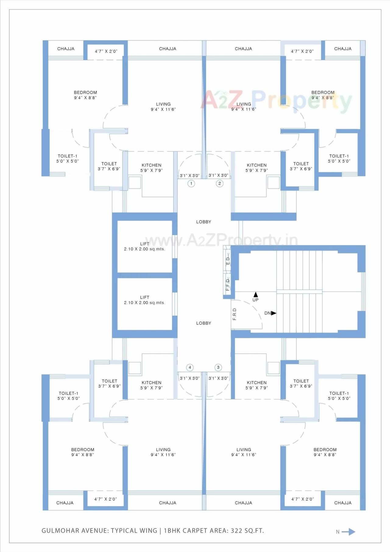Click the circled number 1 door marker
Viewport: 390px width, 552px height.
(x=191, y=184)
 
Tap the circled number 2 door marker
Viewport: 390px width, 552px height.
(x=220, y=184)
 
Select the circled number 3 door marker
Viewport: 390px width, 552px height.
(x=218, y=367)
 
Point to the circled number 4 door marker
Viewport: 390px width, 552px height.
(x=190, y=367)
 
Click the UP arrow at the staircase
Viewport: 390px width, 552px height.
(x=256, y=295)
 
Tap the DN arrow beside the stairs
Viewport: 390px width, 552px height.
(x=274, y=313)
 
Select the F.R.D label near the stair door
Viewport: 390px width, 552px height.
(x=235, y=314)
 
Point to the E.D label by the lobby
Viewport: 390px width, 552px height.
(x=228, y=261)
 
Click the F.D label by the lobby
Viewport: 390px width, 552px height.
(x=228, y=284)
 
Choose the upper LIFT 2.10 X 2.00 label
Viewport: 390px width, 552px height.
(x=144, y=246)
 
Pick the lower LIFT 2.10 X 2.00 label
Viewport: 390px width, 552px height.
(x=144, y=300)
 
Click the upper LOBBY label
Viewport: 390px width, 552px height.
(x=204, y=222)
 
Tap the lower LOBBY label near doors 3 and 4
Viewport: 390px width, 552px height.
(x=204, y=323)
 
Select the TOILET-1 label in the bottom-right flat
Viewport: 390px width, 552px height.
(x=339, y=396)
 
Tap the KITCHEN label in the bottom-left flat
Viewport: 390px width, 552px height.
(x=151, y=385)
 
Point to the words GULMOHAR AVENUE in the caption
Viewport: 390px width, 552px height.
(x=74, y=531)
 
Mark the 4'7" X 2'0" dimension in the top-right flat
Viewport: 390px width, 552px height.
(x=302, y=52)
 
